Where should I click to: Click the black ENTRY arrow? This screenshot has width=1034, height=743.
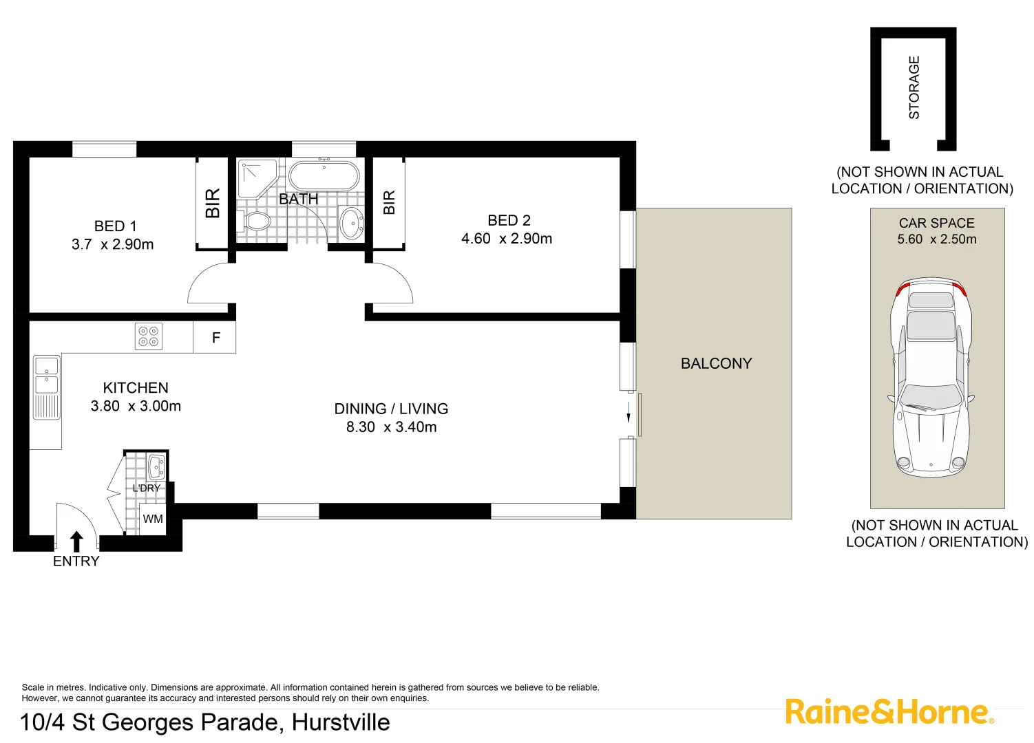[x=77, y=541]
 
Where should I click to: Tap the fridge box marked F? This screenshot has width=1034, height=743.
[x=215, y=338]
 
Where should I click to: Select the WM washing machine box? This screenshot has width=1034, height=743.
[x=153, y=519]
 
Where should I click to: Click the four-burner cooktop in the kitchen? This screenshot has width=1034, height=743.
[x=149, y=336]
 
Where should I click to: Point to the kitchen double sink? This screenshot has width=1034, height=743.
[x=47, y=376]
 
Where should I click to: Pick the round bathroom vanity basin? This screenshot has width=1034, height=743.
[x=352, y=222]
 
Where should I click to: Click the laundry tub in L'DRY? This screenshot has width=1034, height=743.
[x=156, y=466]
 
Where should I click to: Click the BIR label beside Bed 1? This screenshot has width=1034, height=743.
[x=213, y=203]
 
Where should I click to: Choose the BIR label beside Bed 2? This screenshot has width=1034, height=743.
[x=389, y=203]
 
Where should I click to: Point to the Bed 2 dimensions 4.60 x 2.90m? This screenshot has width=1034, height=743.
[x=507, y=239]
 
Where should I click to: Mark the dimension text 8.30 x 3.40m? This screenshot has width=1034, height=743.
[x=391, y=427]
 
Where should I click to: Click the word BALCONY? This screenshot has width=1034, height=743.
[x=716, y=363]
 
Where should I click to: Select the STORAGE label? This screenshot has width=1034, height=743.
[x=914, y=87]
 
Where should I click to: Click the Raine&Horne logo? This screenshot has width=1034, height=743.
[x=889, y=711]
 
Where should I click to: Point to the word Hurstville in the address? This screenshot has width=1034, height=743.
[x=341, y=722]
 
